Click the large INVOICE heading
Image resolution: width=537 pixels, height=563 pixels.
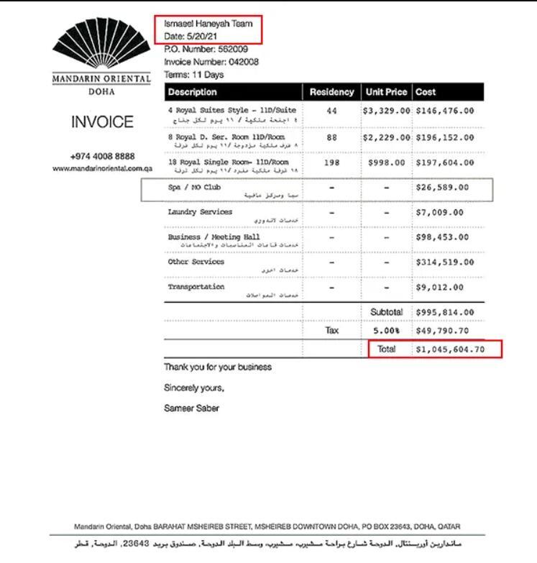pyautogui.click(x=101, y=122)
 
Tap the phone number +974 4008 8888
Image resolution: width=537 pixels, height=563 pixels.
pyautogui.click(x=101, y=157)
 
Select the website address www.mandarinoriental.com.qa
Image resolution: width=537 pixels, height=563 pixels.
pyautogui.click(x=102, y=168)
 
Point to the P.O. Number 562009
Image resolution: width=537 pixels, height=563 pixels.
pyautogui.click(x=206, y=49)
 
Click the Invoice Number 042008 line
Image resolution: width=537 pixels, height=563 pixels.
pyautogui.click(x=211, y=62)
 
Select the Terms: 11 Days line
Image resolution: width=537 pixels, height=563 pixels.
pyautogui.click(x=193, y=74)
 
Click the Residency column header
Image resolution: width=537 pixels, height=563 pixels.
pyautogui.click(x=331, y=92)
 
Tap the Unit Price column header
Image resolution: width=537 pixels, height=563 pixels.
pyautogui.click(x=387, y=92)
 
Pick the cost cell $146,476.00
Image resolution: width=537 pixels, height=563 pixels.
pyautogui.click(x=444, y=111)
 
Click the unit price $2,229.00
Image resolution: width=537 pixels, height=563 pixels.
pyautogui.click(x=387, y=137)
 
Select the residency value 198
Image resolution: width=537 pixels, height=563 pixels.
pyautogui.click(x=331, y=163)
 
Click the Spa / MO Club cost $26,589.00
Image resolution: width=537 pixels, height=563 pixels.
pyautogui.click(x=441, y=188)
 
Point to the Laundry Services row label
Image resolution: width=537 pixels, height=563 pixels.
pyautogui.click(x=200, y=212)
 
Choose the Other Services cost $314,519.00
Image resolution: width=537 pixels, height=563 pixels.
pyautogui.click(x=444, y=262)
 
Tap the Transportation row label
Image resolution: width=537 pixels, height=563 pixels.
pyautogui.click(x=196, y=287)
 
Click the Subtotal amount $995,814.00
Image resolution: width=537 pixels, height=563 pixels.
pyautogui.click(x=444, y=312)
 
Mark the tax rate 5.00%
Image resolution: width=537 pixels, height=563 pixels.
pyautogui.click(x=387, y=331)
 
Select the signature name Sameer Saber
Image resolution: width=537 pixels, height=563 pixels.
pyautogui.click(x=191, y=408)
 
